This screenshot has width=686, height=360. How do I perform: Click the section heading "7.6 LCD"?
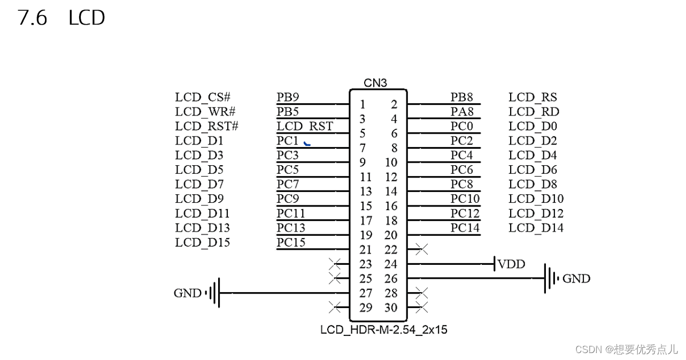pos(61,18)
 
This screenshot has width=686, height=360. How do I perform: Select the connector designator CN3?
pos(375,83)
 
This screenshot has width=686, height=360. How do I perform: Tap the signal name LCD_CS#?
pos(203,97)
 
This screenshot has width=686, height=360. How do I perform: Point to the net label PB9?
pos(288,97)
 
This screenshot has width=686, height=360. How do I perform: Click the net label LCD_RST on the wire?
pos(304,126)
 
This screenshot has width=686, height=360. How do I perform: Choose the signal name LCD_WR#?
pos(205,112)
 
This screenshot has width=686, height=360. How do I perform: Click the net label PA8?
pos(461,112)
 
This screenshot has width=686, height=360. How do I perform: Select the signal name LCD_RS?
pos(533,97)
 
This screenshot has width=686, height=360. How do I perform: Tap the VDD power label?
pos(511,264)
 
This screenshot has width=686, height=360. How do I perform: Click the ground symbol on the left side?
pos(214,293)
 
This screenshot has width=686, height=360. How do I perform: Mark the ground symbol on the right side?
pos(551,278)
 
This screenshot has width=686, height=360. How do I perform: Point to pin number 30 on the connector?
pos(391,308)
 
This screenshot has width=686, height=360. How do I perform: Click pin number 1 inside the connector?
pos(363,104)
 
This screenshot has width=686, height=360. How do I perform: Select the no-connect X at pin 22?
pos(421,249)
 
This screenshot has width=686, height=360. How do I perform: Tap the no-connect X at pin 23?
pos(335,264)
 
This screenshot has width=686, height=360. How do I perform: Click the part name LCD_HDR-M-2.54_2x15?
pos(383,330)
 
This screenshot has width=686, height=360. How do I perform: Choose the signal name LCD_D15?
pos(202,242)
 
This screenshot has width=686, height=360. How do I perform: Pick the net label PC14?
pos(465,228)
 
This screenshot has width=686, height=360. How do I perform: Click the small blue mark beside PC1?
pos(307,143)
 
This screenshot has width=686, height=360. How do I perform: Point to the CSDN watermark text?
pos(626,349)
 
